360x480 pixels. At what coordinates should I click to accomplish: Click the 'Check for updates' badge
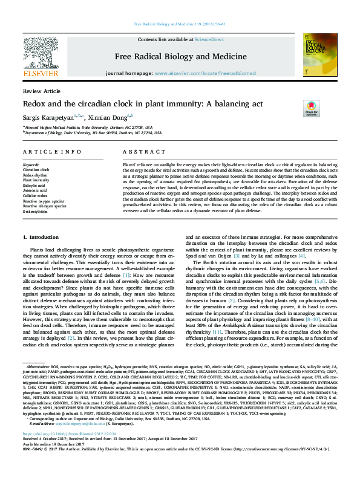pos(311,108)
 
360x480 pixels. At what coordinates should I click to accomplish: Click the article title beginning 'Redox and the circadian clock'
pos(142,103)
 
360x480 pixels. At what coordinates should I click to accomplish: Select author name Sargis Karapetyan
pos(48,117)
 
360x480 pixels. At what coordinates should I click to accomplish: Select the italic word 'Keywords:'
pos(31,164)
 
